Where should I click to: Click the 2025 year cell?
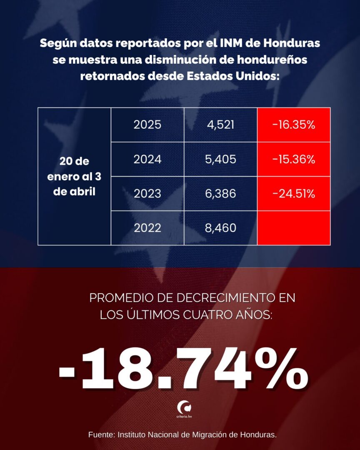[x=147, y=125]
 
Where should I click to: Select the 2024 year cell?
[x=147, y=159]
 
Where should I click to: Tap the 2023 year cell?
[x=147, y=194]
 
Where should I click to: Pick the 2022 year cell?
[x=147, y=228]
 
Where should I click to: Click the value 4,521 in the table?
[x=221, y=125]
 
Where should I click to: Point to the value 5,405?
[x=221, y=159]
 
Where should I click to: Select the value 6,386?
[x=221, y=194]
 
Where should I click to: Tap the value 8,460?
[x=221, y=228]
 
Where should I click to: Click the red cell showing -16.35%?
[x=294, y=125]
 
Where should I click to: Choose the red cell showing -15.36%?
[x=294, y=159]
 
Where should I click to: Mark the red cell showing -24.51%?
[x=294, y=194]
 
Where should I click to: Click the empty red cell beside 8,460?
[x=294, y=228]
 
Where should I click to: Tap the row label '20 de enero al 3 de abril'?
[x=74, y=177]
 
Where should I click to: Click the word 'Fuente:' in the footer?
[x=102, y=435]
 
